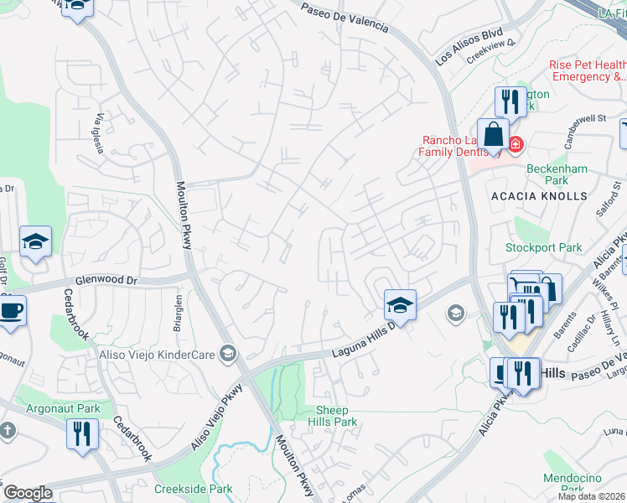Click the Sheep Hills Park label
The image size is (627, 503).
pos(336,416)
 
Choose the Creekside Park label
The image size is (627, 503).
pos(193,488)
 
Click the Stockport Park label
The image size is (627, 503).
pos(544,248)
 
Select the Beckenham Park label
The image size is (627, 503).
pos(557,174)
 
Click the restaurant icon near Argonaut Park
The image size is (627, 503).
pos(82,434)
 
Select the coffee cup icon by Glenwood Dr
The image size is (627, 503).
pos(11,311)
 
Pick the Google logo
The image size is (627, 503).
pos(28,493)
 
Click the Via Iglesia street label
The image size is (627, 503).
pos(99,132)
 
